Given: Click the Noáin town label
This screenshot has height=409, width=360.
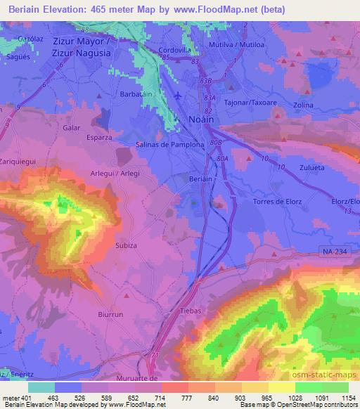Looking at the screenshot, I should (205, 120).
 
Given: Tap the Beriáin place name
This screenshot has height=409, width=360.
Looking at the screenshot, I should (199, 180).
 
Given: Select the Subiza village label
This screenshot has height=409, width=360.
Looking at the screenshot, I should (127, 246).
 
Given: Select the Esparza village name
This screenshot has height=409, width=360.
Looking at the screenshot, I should (98, 137).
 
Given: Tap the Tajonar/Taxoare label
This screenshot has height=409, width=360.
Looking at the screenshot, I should (245, 100).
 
